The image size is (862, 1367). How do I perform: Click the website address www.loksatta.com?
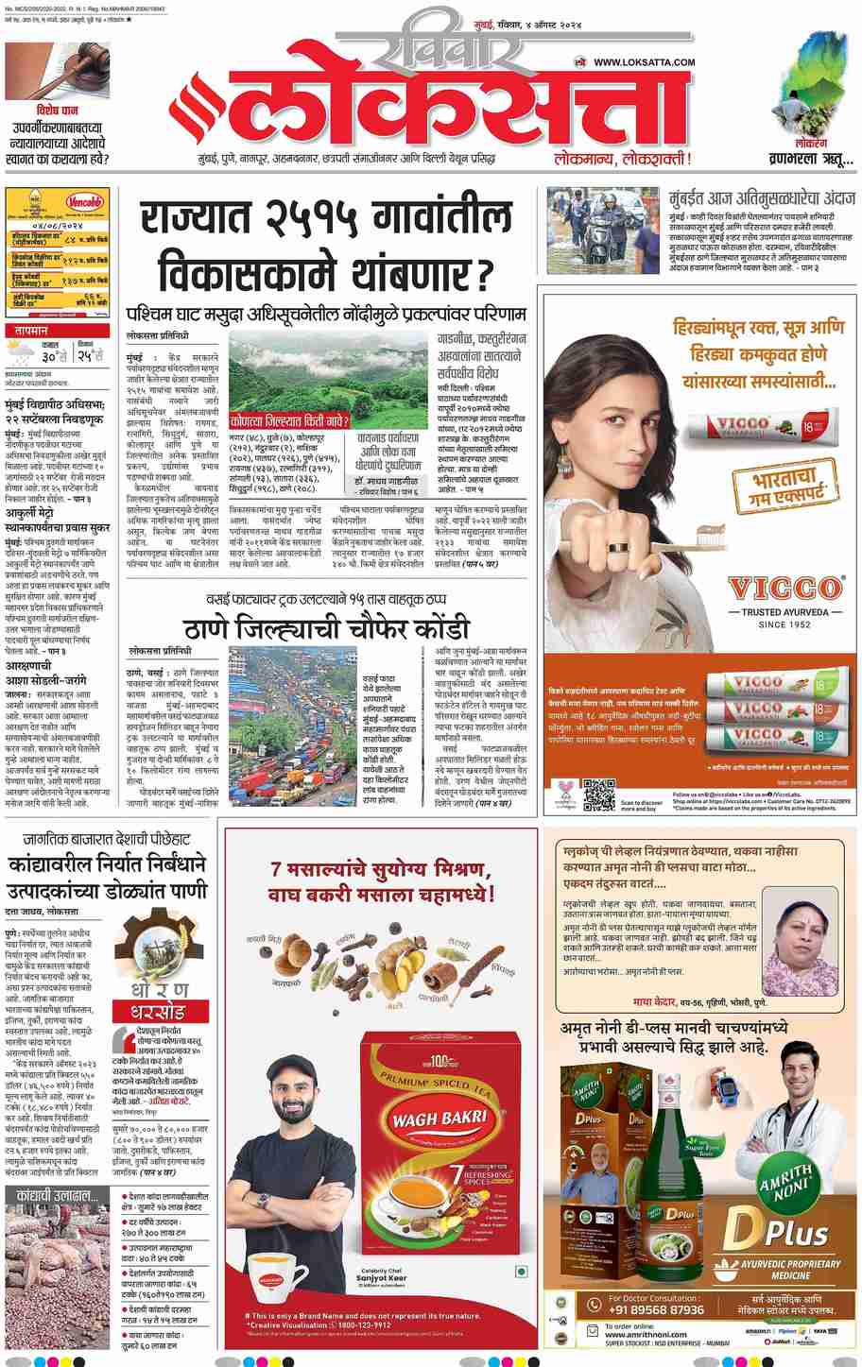645,62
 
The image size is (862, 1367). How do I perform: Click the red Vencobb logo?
86,202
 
